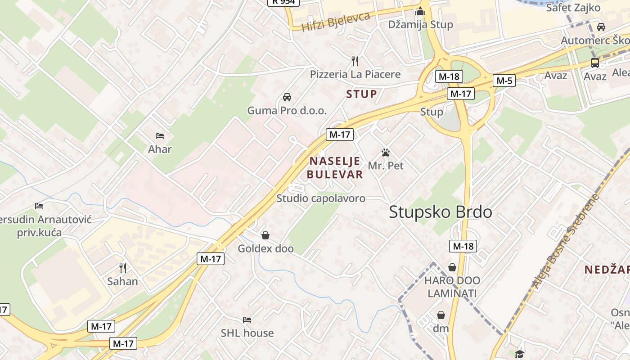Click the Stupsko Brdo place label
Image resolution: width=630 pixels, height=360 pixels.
click(441, 212)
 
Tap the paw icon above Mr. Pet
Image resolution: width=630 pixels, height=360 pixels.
click(386, 153)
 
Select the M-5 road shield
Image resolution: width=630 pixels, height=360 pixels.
click(504, 81)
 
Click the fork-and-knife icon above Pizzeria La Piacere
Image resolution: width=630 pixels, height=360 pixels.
click(355, 61)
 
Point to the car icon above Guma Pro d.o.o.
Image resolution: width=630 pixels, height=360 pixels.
click(287, 97)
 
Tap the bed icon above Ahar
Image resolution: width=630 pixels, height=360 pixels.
click(160, 136)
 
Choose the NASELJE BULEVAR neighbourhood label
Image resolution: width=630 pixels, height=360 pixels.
click(336, 168)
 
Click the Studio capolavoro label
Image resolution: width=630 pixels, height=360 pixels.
click(321, 198)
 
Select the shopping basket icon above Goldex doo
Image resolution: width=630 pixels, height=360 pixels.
click(265, 235)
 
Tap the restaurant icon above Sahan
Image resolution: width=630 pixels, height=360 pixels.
click(122, 268)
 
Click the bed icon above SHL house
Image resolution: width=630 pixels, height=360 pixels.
click(247, 320)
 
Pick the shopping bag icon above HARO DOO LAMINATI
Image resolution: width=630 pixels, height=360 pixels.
click(452, 268)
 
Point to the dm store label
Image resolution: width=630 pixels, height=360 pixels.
click(441, 328)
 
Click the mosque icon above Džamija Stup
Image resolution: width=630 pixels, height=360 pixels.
click(420, 11)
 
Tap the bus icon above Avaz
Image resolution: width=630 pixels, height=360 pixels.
click(595, 63)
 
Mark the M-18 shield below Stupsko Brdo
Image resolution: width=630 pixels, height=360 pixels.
click(463, 246)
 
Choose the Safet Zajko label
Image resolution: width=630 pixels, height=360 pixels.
click(573, 8)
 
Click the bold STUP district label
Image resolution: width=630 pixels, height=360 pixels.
click(361, 94)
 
